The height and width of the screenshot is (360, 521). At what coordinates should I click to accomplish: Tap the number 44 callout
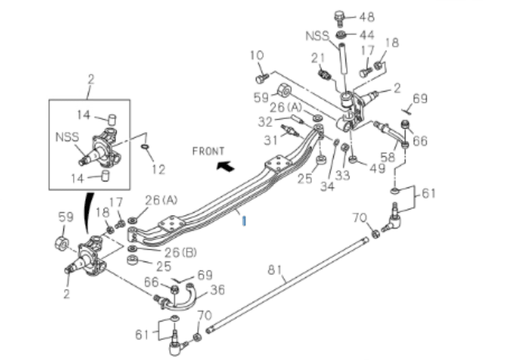366,34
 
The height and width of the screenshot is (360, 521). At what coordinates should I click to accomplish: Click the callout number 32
265,120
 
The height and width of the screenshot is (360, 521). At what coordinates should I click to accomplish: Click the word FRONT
208,151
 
